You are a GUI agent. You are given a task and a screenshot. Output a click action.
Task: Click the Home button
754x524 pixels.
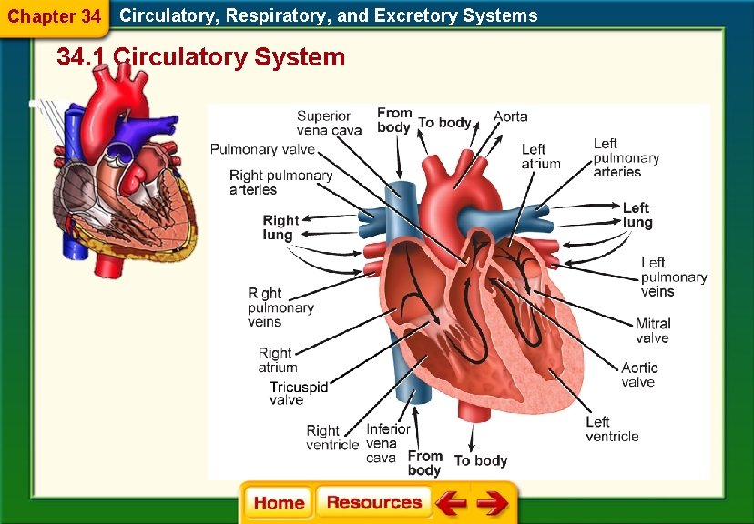point(279,503)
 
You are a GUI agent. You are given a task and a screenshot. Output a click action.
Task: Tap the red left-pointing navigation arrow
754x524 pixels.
point(451,503)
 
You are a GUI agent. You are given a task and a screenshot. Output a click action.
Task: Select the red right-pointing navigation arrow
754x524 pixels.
point(492,503)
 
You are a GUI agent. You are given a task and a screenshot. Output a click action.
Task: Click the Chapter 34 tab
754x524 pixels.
point(54,16)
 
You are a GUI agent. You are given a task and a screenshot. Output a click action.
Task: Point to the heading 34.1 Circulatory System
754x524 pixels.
point(200,57)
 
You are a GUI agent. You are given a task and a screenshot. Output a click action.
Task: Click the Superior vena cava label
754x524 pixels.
point(328,123)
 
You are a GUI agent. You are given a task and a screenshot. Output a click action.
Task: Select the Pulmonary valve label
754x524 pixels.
point(263,149)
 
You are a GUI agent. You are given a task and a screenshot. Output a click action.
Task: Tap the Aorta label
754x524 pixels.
point(510,116)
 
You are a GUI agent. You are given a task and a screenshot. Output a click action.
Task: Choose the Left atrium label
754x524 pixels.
point(540,156)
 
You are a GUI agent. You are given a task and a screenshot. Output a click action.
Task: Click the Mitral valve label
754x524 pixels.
point(652,330)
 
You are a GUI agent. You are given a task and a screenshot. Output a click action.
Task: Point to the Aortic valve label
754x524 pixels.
point(638,375)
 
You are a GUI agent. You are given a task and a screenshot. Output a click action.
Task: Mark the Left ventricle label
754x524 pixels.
point(612,428)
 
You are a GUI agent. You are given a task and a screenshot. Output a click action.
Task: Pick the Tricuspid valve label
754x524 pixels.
point(298,393)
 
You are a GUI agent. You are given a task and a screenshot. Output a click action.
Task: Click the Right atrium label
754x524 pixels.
point(277,360)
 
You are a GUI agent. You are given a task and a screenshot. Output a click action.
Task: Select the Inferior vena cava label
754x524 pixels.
point(388,443)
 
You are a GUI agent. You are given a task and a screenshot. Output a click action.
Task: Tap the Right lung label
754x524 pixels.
point(280,227)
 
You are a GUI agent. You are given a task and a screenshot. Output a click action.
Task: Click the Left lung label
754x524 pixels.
point(637,216)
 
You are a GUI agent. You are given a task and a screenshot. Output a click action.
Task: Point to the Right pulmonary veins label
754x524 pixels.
point(280,307)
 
